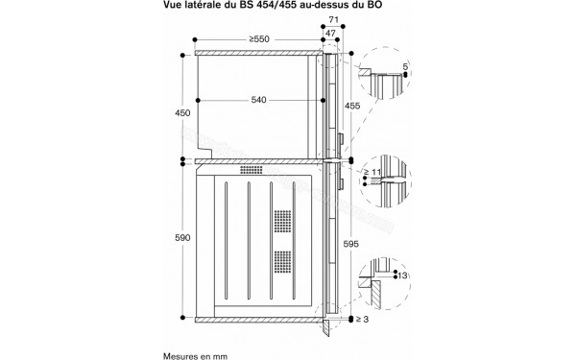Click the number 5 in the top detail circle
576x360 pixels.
pos(405,67)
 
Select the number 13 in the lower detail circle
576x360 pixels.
pos(402,277)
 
